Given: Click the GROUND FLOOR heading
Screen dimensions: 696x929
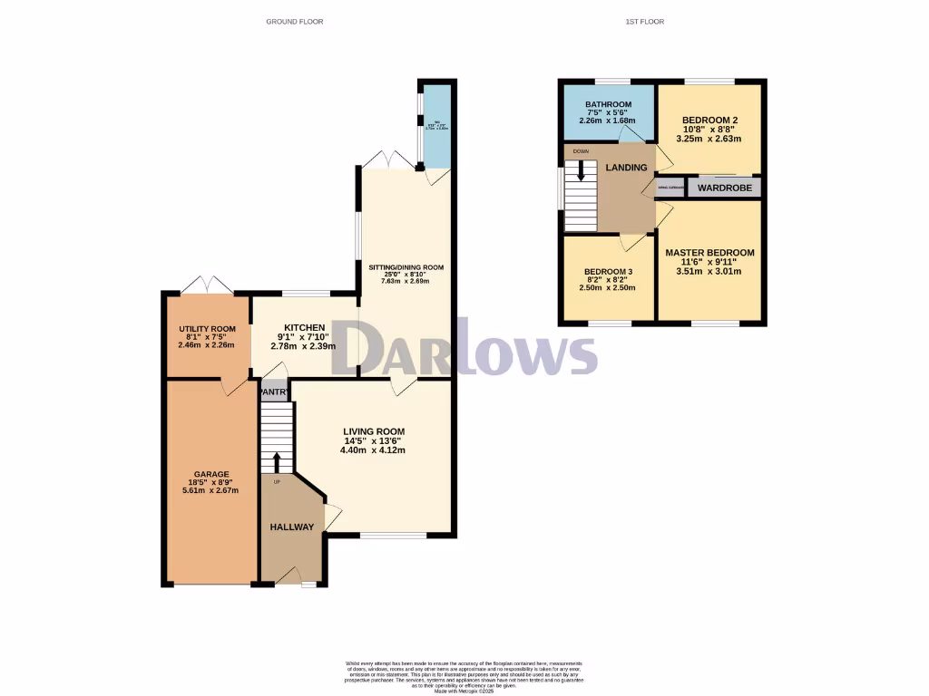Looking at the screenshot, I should (x=294, y=21).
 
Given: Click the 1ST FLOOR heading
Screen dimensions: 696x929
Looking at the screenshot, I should (x=644, y=21).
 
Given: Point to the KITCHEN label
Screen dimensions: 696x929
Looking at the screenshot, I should (x=304, y=327).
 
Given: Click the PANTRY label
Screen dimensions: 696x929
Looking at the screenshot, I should (x=274, y=392).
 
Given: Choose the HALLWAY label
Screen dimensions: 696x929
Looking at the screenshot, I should (x=292, y=527).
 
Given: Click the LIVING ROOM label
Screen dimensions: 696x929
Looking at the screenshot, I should (x=374, y=431).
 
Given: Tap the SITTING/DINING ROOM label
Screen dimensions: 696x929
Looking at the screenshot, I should (x=406, y=267).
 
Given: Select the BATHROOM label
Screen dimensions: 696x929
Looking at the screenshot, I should (x=608, y=105).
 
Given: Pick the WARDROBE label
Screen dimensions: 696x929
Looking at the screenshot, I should (x=722, y=188).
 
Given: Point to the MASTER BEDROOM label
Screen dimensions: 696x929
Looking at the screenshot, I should (x=709, y=253).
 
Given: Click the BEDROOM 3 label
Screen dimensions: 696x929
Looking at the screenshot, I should (x=608, y=272).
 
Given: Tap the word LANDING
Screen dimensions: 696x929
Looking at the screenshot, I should (x=627, y=168).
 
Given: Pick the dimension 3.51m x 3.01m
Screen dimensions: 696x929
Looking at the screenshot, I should (x=709, y=271).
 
